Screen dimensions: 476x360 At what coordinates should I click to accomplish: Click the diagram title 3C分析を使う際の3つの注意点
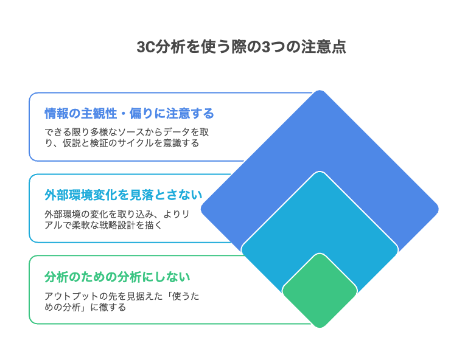coord(241,47)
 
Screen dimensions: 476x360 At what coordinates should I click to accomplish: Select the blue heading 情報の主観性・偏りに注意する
coord(129,114)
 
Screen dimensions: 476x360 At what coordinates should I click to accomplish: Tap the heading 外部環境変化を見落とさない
coord(123,195)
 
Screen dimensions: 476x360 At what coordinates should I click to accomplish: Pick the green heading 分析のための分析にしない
coord(117,277)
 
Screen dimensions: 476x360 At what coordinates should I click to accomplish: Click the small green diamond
coord(320,291)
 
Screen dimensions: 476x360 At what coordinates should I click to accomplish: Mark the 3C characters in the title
coord(146,47)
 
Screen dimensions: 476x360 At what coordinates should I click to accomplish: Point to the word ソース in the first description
coord(131,132)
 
